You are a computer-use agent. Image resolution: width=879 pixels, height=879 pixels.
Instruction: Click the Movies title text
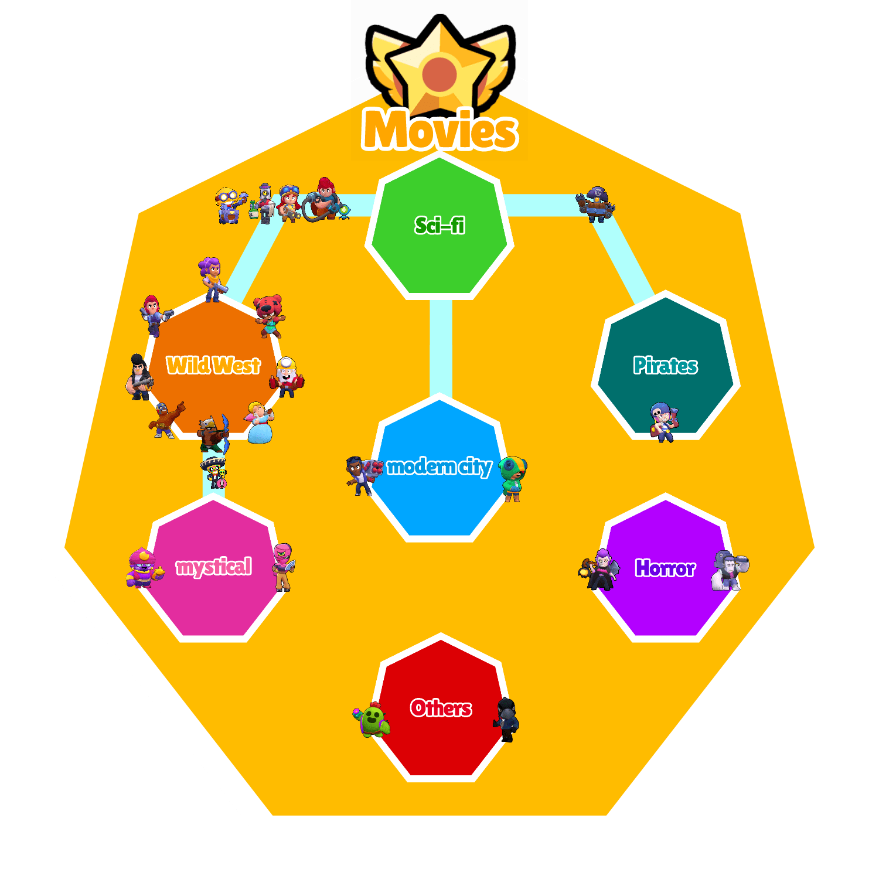[x=439, y=130]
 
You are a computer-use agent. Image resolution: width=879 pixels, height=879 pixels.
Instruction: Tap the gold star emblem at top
[x=439, y=70]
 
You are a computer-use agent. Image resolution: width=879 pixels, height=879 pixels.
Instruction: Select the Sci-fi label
[x=439, y=225]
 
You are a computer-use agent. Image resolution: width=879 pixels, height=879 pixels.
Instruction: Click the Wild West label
[x=213, y=365]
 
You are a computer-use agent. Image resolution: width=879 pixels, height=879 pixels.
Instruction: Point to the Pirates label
[x=665, y=366]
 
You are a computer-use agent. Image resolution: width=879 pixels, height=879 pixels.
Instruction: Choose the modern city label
[x=439, y=466]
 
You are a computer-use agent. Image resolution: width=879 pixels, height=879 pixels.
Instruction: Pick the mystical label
[x=214, y=567]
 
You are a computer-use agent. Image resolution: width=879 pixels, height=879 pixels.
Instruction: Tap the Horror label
[x=665, y=568]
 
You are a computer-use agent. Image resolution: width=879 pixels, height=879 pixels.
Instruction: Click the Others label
[x=441, y=708]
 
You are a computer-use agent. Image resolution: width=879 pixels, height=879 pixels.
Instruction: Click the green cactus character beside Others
[x=373, y=719]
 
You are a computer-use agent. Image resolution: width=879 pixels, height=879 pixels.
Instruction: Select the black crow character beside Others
[x=506, y=720]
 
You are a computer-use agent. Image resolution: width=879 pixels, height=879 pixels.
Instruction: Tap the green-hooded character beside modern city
[x=513, y=478]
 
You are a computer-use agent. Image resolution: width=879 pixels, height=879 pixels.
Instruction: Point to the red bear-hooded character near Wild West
[x=269, y=315]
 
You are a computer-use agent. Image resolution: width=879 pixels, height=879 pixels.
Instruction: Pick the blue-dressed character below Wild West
[x=259, y=423]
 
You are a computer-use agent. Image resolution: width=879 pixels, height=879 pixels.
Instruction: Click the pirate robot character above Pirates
[x=595, y=204]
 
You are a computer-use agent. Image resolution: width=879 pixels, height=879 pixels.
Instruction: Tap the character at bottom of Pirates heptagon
[x=663, y=422]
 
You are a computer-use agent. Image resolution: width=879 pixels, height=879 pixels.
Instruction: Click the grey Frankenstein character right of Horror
[x=729, y=570]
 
